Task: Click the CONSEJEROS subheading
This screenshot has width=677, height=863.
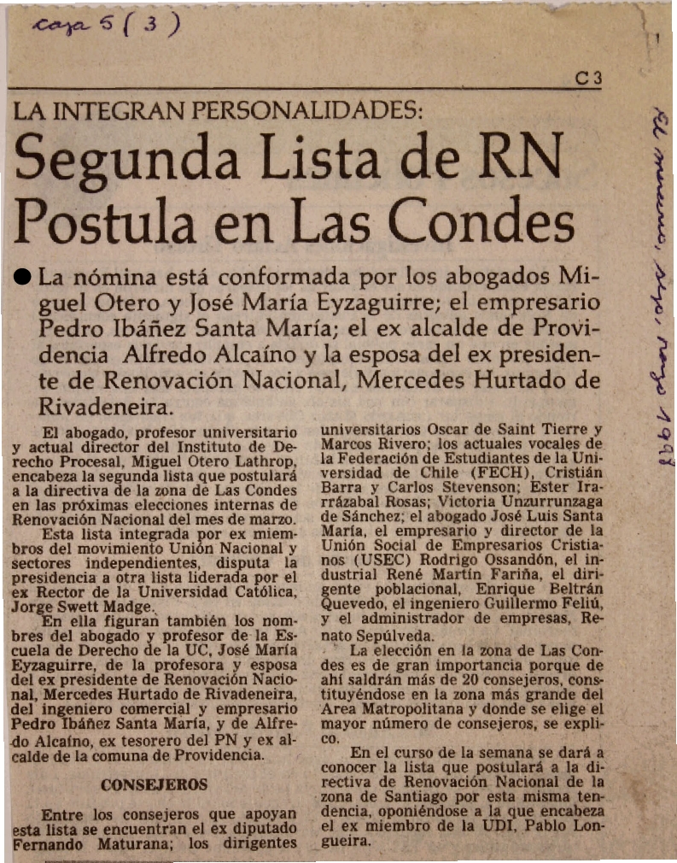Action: tap(154, 784)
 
